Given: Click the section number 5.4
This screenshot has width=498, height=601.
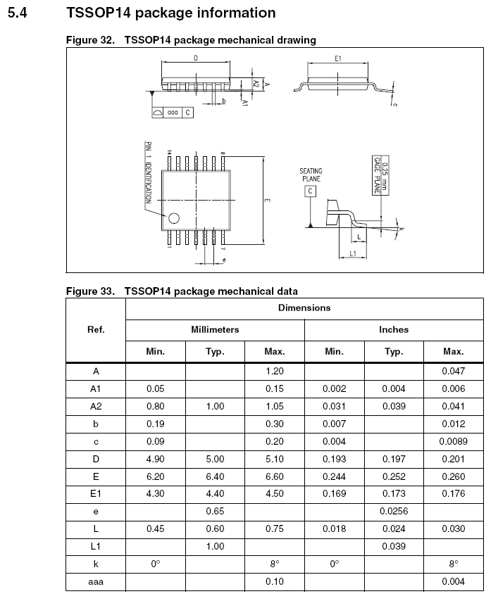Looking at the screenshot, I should pos(17,13).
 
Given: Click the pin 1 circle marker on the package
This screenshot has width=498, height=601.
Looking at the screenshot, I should pos(173,218).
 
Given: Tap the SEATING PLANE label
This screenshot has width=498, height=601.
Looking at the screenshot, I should pos(311,175).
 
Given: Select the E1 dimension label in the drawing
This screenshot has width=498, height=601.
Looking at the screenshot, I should pos(338,58).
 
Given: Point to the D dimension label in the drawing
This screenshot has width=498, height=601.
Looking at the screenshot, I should pos(195,58).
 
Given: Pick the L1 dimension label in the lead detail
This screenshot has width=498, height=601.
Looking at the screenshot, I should pos(352,253).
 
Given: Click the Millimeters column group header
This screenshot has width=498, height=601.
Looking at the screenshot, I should pos(215,329).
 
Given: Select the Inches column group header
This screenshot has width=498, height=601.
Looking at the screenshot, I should pos(394,329).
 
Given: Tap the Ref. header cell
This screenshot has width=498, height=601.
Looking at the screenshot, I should pos(96,329).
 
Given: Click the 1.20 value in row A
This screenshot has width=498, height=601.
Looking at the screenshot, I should pos(274,371).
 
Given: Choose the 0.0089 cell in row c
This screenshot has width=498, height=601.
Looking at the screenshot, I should pos(453,442).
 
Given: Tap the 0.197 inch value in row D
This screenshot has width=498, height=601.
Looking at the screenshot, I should pos(394,458).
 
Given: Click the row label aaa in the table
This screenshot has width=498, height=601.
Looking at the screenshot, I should pos(96,581).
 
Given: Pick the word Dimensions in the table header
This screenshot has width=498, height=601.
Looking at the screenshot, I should pos(304,308).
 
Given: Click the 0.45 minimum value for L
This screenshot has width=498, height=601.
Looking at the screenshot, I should pos(155,528).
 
